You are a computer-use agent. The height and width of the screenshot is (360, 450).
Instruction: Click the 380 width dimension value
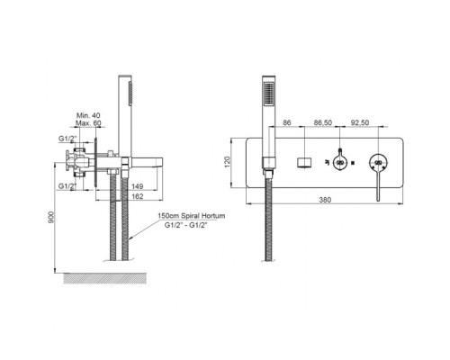325,200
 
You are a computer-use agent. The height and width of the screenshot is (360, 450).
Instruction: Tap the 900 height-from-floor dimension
51,217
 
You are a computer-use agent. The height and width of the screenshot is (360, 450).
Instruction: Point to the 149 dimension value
138,186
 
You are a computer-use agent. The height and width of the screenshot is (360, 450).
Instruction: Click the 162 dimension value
138,196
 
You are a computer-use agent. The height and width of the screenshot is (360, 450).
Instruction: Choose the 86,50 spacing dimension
323,122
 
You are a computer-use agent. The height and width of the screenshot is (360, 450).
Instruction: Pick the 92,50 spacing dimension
360,122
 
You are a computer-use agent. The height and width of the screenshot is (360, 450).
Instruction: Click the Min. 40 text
88,115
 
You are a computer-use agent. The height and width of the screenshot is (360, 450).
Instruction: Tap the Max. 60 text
88,123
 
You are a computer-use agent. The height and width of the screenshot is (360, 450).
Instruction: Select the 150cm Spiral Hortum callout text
192,216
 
